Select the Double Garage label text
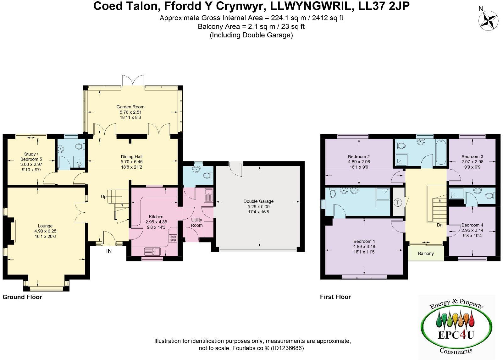(x=258, y=201)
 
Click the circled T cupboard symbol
(x=398, y=203)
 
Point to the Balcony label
(x=426, y=254)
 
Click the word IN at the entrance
(x=109, y=251)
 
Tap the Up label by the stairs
(x=104, y=197)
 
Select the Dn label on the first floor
(x=439, y=225)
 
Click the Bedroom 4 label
(x=472, y=225)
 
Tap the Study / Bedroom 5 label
(x=31, y=156)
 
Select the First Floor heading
(x=335, y=297)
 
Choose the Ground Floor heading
(x=22, y=297)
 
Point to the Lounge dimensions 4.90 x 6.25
(x=45, y=231)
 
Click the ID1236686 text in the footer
(x=287, y=348)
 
